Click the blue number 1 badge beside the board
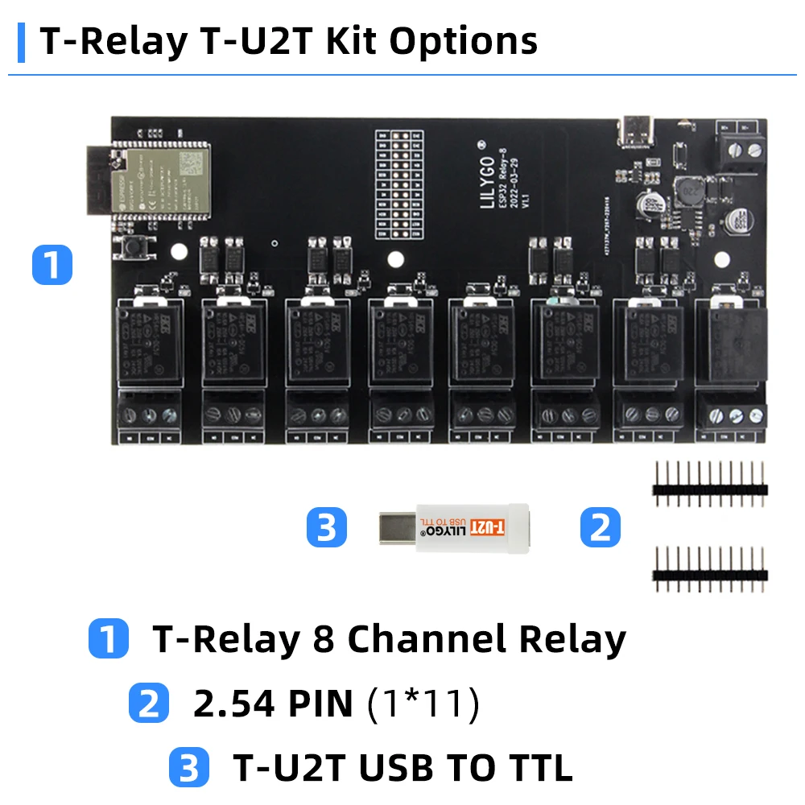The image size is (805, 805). coord(52,265)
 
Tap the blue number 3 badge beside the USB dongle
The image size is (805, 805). coord(327,528)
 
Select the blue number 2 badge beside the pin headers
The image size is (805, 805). coord(601,528)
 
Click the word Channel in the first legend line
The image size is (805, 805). coord(425,639)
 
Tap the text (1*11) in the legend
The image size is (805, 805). coord(423,704)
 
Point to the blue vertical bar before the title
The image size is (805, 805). coord(21,43)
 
